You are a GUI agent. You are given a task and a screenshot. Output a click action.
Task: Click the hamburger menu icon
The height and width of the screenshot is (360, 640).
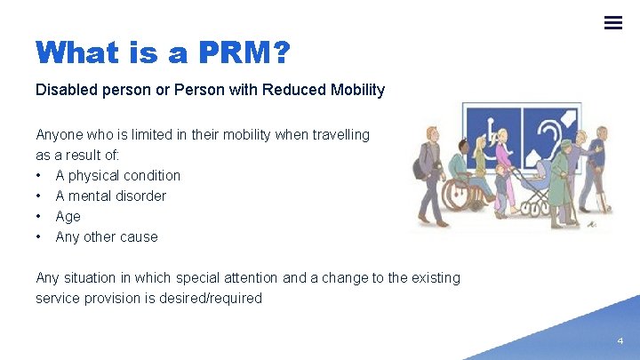tap(612, 22)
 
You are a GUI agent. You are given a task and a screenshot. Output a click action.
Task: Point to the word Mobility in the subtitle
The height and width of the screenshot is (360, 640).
tap(356, 90)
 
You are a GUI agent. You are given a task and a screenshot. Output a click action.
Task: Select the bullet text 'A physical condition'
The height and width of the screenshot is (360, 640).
tap(117, 176)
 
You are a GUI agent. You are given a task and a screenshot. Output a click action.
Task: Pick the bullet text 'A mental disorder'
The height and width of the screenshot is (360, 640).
tap(110, 196)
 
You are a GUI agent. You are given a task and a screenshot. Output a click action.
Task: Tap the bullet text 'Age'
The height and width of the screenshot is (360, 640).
tap(68, 217)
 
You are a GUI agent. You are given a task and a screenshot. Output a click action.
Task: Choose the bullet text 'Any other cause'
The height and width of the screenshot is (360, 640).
tap(107, 237)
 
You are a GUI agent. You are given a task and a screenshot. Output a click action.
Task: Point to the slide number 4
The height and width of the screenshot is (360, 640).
tap(620, 340)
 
